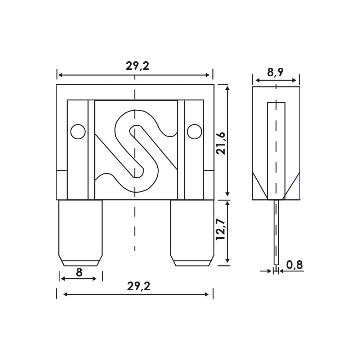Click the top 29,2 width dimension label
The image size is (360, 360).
coord(137,66)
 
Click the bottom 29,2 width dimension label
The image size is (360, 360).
coord(139,286)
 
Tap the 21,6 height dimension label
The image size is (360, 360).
coord(221,143)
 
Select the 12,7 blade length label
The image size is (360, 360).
coord(221,229)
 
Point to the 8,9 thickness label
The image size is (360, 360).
coord(275,72)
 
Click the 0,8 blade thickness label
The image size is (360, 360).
coord(294,265)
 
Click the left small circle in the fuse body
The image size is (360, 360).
coord(78,131)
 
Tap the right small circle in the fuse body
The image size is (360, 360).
coord(194,131)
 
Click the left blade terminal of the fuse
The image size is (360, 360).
coord(80,233)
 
